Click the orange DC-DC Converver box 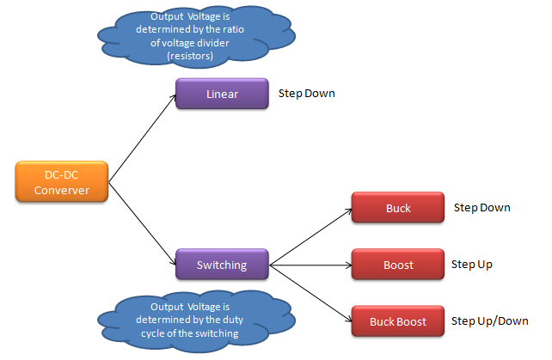pos(62,181)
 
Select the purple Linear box pos(222,94)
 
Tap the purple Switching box pos(222,265)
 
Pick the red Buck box pos(398,207)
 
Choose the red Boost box pos(398,265)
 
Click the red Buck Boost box pos(398,321)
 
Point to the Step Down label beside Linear pos(307,94)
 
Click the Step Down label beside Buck pos(482,208)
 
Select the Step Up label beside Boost pos(472,265)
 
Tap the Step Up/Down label pos(490,321)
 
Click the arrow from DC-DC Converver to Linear pos(142,138)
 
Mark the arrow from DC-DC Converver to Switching pos(142,223)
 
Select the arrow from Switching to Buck pos(310,237)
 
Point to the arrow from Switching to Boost pos(310,265)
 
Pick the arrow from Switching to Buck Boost pos(310,293)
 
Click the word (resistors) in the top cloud pos(190,56)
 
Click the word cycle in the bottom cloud pos(153,333)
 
